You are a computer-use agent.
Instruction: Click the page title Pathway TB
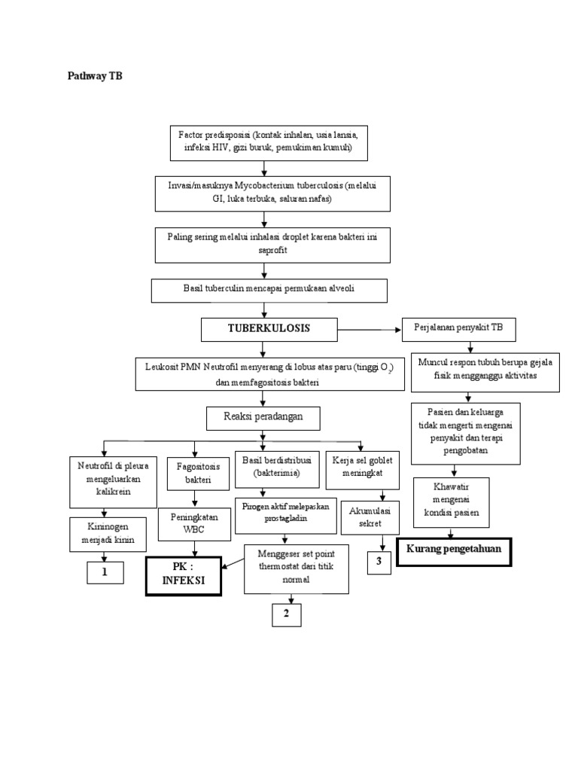(x=90, y=76)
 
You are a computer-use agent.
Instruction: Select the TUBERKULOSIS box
(x=269, y=329)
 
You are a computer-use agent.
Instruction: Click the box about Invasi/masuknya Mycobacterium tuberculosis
(x=272, y=194)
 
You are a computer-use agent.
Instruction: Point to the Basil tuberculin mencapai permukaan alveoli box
(x=269, y=290)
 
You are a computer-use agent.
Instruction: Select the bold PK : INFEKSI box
(x=184, y=577)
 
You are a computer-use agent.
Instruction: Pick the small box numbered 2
(x=286, y=614)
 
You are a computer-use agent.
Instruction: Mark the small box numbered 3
(x=379, y=562)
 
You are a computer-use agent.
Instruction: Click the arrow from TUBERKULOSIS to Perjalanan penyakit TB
(x=369, y=330)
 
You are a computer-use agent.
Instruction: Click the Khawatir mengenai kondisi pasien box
(x=452, y=502)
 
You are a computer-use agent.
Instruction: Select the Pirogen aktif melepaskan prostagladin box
(x=284, y=515)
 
